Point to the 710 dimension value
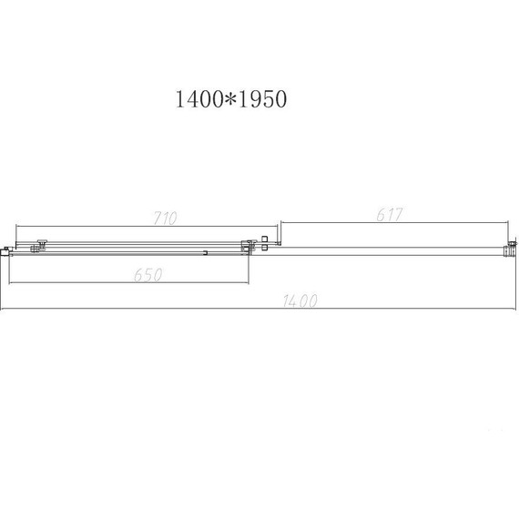[x=166, y=218]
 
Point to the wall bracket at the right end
[x=512, y=247]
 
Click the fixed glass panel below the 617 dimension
[x=392, y=246]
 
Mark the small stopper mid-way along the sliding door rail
[x=207, y=252]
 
